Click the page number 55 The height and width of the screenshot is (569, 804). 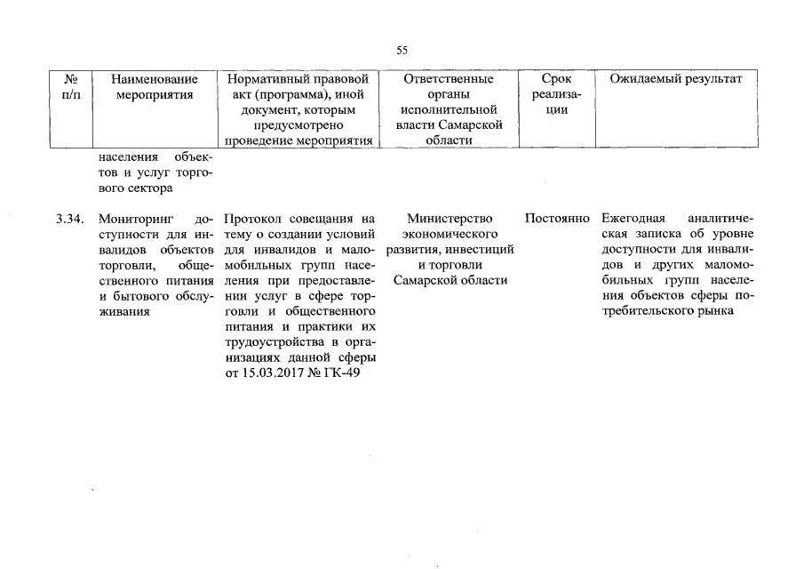pyautogui.click(x=402, y=51)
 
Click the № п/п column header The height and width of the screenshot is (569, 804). pyautogui.click(x=72, y=87)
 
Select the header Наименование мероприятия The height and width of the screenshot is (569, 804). pyautogui.click(x=155, y=87)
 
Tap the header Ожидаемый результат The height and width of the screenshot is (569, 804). pyautogui.click(x=676, y=79)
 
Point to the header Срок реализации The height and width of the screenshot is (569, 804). pyautogui.click(x=556, y=94)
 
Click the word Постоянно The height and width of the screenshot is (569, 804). pyautogui.click(x=557, y=218)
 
